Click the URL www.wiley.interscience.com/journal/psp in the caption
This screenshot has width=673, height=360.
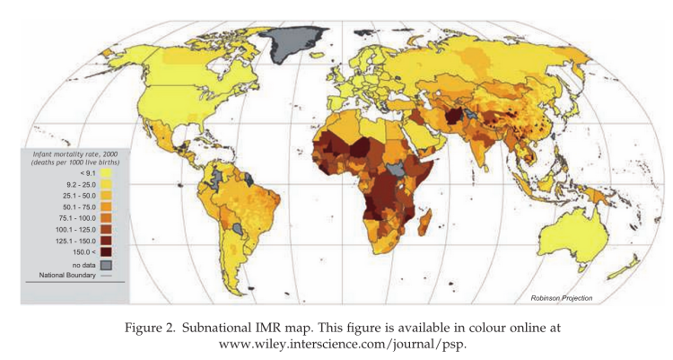point(336,343)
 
